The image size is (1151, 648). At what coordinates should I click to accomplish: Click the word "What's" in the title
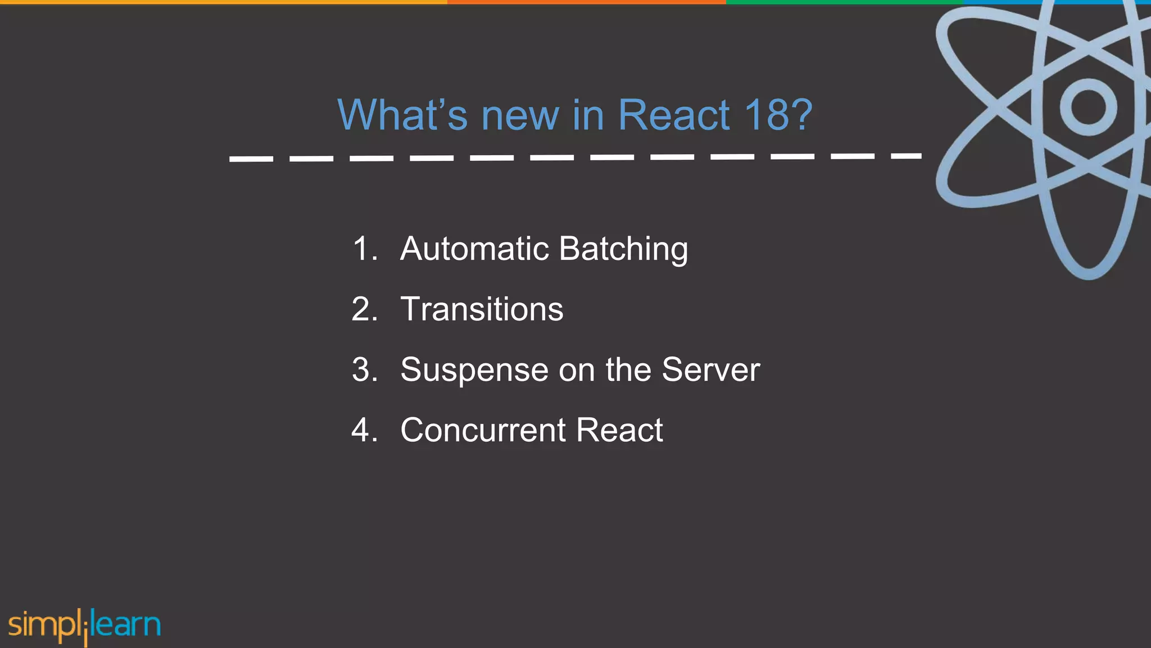coord(402,115)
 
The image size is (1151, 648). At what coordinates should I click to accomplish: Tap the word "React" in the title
coord(674,115)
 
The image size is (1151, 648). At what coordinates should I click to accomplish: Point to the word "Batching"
coord(623,250)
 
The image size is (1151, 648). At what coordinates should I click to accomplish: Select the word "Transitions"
coord(482,309)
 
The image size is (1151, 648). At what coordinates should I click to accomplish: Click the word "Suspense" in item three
coord(474,371)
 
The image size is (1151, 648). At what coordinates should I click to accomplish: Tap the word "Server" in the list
coord(710,370)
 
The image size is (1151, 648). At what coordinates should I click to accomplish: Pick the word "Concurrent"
coord(483,430)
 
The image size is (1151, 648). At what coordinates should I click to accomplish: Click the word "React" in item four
coord(619,430)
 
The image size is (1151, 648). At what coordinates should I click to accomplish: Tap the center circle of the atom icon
coord(1088,107)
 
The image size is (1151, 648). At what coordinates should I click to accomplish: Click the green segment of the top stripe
coord(843,2)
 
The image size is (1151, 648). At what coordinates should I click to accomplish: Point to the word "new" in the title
coord(520,115)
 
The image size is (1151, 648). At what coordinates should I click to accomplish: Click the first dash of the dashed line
coord(251,159)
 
